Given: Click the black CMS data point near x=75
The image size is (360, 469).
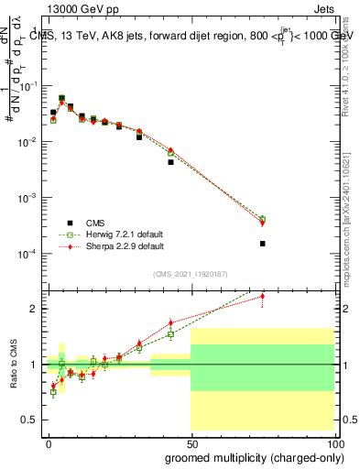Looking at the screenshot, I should (x=263, y=244).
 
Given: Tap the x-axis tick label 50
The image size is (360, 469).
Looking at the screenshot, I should (x=191, y=443).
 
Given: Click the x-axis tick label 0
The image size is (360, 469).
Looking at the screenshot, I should (x=49, y=443).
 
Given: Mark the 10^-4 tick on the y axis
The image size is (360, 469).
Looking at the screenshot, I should (x=27, y=254).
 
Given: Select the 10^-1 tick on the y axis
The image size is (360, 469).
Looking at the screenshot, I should (x=27, y=86).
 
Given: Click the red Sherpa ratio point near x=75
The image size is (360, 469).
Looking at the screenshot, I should (x=263, y=296).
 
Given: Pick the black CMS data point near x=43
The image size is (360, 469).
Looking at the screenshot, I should (x=170, y=162).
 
